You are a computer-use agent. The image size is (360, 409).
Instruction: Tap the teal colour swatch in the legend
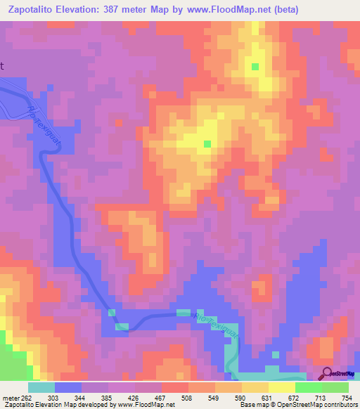click(x=41, y=387)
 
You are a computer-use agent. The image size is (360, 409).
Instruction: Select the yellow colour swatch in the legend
click(x=281, y=387)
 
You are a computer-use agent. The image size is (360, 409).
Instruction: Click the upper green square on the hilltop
click(x=255, y=67)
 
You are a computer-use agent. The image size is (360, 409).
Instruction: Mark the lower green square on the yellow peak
click(x=207, y=143)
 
